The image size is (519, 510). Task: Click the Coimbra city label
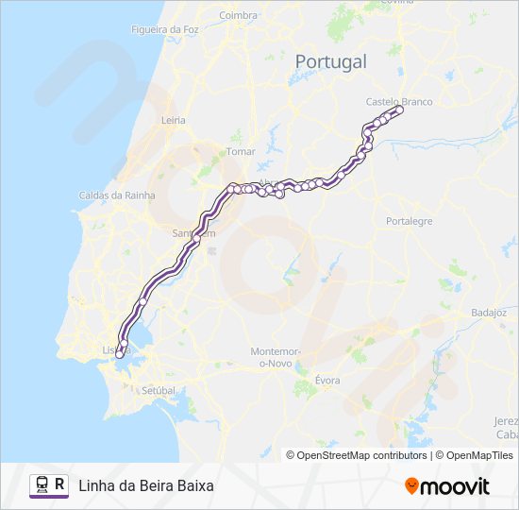click(238, 15)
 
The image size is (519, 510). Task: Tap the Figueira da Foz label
click(165, 30)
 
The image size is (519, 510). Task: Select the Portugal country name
click(330, 61)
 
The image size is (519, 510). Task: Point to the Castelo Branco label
click(398, 100)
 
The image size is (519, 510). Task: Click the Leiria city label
click(174, 120)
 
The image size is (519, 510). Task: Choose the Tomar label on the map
click(242, 151)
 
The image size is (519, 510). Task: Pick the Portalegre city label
click(409, 221)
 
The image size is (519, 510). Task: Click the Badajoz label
click(489, 313)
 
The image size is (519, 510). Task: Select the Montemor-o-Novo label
click(276, 356)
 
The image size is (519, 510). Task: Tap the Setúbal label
click(158, 389)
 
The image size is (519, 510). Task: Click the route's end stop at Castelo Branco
click(399, 110)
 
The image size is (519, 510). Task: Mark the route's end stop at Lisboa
click(119, 355)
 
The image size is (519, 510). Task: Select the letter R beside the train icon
click(60, 485)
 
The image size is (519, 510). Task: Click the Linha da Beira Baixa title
click(146, 485)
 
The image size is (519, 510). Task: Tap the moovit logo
click(447, 486)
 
